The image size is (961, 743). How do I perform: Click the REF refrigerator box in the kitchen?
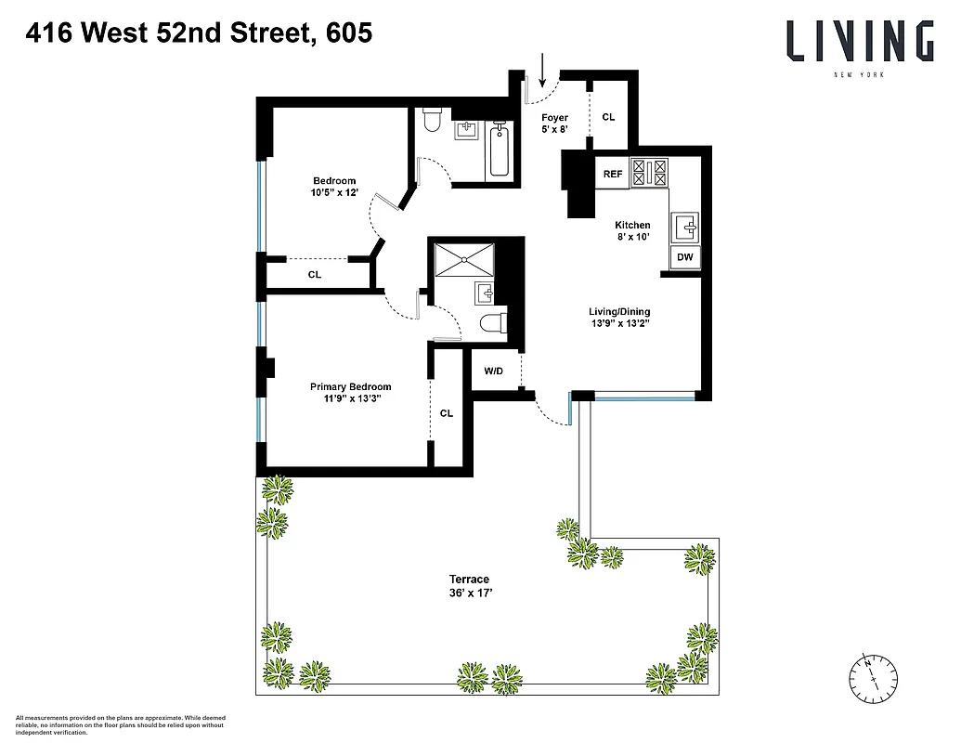pyautogui.click(x=613, y=174)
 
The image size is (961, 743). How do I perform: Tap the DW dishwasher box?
pyautogui.click(x=683, y=257)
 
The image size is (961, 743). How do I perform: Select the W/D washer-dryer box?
pyautogui.click(x=493, y=371)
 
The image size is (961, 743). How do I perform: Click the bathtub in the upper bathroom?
pyautogui.click(x=500, y=149)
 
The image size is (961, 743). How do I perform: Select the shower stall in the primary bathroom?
pyautogui.click(x=465, y=259)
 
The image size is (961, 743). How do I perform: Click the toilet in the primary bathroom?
pyautogui.click(x=491, y=322)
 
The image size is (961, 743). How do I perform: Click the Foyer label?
pyautogui.click(x=554, y=118)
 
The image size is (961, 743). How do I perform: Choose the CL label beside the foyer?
pyautogui.click(x=609, y=117)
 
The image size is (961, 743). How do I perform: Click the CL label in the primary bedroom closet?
pyautogui.click(x=446, y=413)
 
